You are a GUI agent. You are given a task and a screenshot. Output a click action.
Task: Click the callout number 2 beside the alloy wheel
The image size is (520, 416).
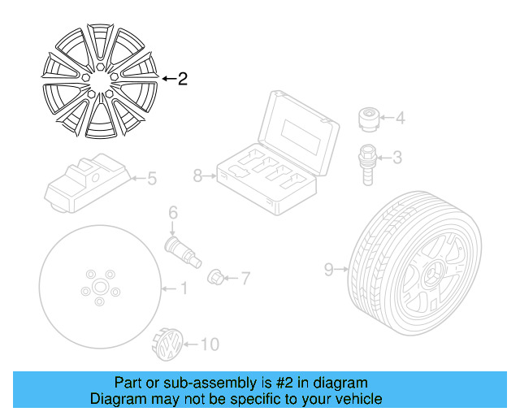click(x=182, y=79)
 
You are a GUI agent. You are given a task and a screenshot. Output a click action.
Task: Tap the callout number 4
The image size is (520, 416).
click(x=399, y=119)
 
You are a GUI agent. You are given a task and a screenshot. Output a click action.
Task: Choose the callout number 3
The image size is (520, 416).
click(x=397, y=157)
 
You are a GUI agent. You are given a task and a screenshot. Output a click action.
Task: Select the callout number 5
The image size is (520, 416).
click(x=151, y=178)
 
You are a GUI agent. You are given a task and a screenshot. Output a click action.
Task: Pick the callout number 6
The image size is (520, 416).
click(x=173, y=213)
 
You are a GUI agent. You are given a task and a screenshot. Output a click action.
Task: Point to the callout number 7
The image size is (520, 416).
click(x=245, y=279)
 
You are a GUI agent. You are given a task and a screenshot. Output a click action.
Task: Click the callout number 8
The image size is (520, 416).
click(x=197, y=175)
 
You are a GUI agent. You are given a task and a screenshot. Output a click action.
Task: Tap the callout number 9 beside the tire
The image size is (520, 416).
click(x=328, y=269)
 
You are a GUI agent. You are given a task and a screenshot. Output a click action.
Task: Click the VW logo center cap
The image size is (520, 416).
click(x=167, y=348)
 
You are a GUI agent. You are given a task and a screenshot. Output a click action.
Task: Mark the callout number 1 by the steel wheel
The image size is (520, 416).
click(x=184, y=288)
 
